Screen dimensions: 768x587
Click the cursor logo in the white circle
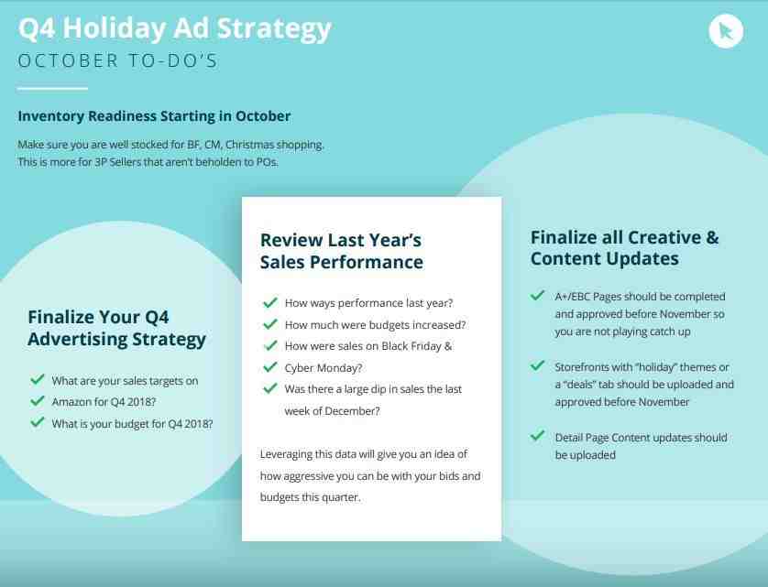pos(726,31)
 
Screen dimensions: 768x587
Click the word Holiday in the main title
pos(115,29)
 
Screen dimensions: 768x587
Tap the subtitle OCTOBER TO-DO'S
pos(117,60)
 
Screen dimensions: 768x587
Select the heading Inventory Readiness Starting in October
pos(154,116)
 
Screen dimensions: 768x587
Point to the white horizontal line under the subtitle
pos(52,89)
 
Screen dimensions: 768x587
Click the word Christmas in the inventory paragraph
pos(250,145)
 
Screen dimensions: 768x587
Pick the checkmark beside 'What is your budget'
pos(38,422)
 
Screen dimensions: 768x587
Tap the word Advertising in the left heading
pos(78,339)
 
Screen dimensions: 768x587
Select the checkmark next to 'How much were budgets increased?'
pos(269,323)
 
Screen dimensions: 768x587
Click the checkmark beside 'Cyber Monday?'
pos(269,366)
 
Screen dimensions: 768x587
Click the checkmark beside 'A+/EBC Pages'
pos(537,295)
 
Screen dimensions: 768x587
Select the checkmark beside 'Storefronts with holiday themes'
pos(537,365)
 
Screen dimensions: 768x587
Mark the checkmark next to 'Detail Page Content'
pos(537,436)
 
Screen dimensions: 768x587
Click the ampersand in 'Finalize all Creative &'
pos(712,237)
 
